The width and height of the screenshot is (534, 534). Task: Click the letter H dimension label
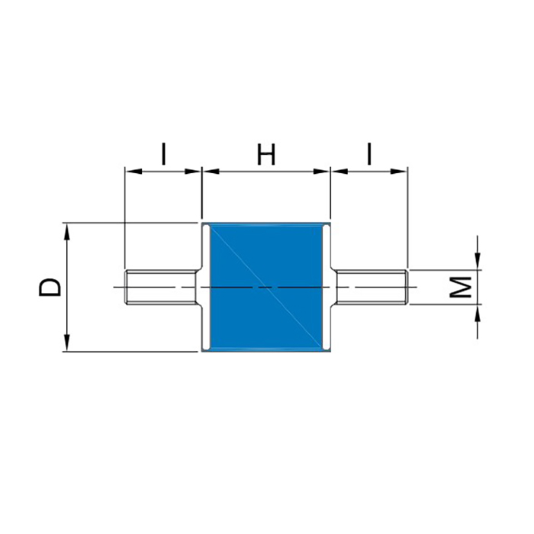[x=265, y=155]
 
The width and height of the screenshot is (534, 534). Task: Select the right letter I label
[x=369, y=155]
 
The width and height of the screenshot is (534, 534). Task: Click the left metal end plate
[x=204, y=287]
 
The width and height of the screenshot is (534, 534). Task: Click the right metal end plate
[x=327, y=287]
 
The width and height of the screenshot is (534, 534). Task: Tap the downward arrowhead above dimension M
[x=477, y=262]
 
